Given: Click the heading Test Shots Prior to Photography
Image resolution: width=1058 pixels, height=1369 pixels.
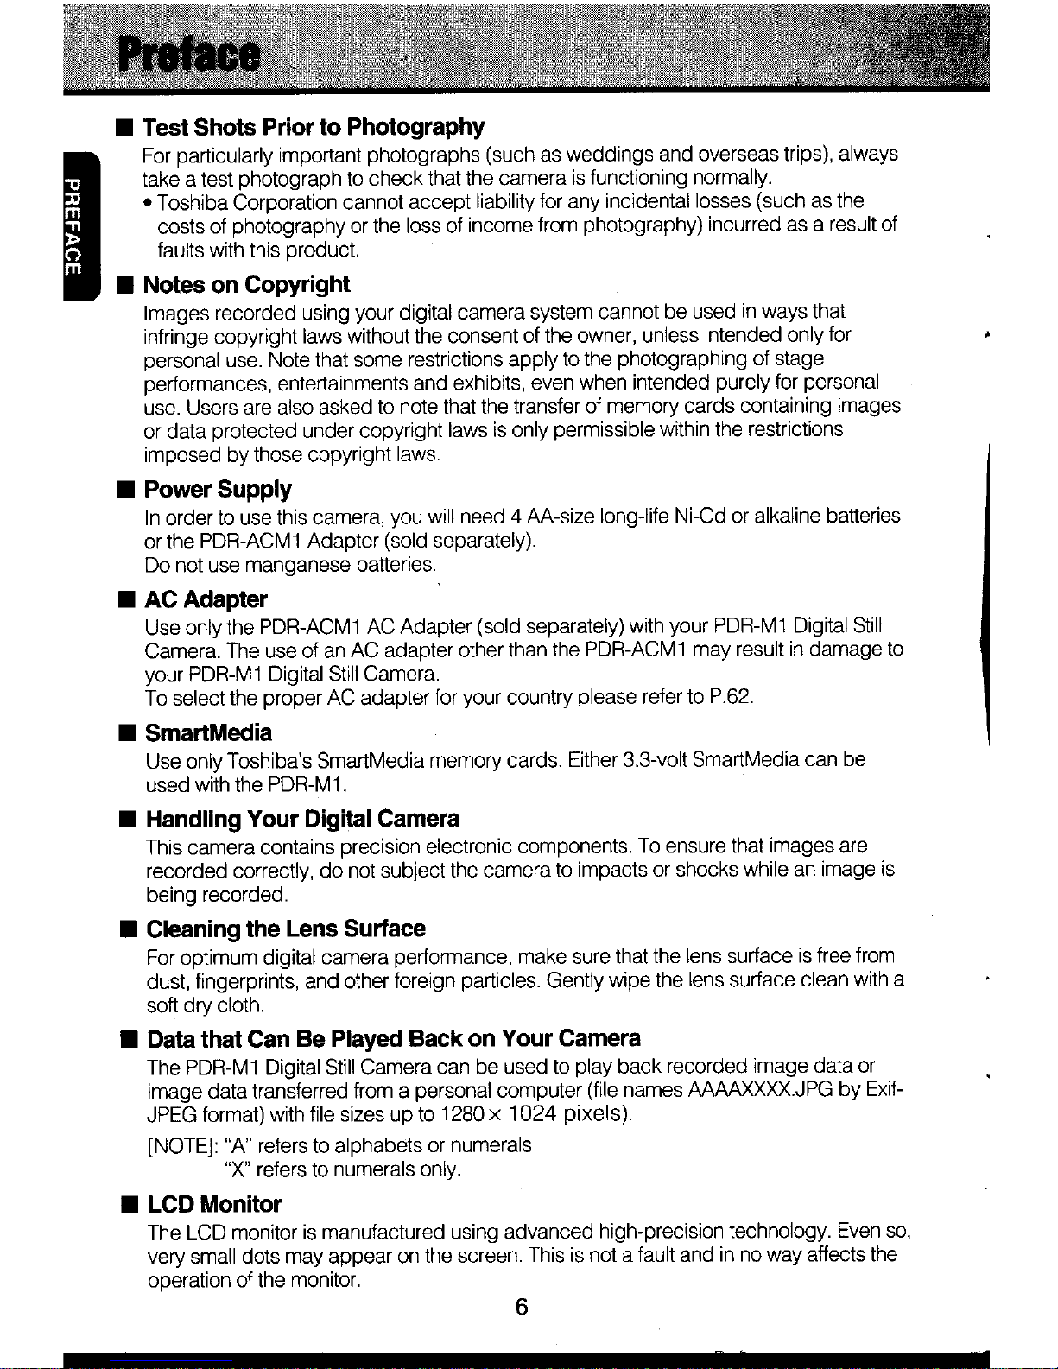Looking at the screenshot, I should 313,127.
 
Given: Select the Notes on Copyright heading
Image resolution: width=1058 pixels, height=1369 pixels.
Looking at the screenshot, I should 246,284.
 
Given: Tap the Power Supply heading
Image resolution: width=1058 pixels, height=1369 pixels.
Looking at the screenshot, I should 218,489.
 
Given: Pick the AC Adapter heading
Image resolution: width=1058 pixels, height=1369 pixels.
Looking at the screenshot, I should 206,599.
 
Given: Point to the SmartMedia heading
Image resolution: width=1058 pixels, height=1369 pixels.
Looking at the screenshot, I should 208,732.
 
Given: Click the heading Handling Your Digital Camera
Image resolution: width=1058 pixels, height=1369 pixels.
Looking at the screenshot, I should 302,818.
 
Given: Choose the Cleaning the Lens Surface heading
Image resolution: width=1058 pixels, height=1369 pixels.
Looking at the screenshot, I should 286,929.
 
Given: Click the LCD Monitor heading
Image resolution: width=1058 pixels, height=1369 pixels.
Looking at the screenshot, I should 214,1204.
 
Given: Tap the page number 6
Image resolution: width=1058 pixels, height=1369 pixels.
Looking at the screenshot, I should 521,1307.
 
